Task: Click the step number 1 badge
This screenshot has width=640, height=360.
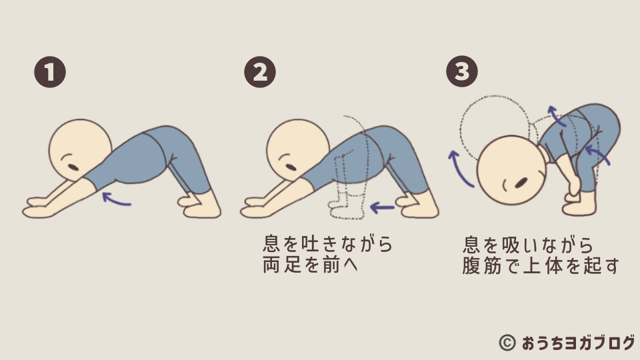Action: (x=50, y=72)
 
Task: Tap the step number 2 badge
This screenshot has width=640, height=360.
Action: (x=260, y=72)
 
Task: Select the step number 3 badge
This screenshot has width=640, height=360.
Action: (x=462, y=71)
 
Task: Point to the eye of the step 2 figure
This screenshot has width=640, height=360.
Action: (x=291, y=167)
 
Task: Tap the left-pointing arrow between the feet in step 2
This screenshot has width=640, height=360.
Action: (x=382, y=208)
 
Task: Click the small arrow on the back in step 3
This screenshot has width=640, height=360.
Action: (x=556, y=115)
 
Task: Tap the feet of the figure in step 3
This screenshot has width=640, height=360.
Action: (x=579, y=204)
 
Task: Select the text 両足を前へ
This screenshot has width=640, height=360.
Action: (x=310, y=265)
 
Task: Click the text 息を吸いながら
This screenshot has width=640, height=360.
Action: (x=528, y=245)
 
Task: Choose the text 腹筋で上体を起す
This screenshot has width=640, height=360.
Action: (x=541, y=266)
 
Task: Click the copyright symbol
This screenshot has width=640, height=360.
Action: (x=507, y=343)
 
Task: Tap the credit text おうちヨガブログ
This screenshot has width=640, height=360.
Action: (x=579, y=343)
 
